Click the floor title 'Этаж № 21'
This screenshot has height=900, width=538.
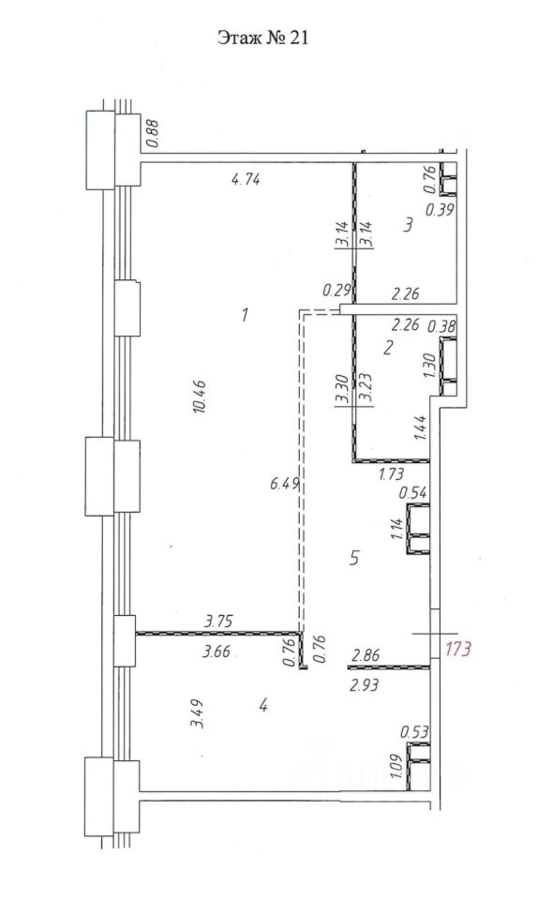pos(262,37)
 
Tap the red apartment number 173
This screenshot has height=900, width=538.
pos(459,649)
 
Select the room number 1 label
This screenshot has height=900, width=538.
pos(245,315)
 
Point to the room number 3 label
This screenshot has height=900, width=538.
pos(408,224)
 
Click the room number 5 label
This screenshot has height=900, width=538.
pos(354,558)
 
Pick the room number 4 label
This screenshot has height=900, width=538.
pos(263,705)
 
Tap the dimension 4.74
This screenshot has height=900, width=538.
pos(246,180)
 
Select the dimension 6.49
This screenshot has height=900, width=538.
pos(285,484)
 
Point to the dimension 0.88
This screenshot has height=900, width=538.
pos(153,133)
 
